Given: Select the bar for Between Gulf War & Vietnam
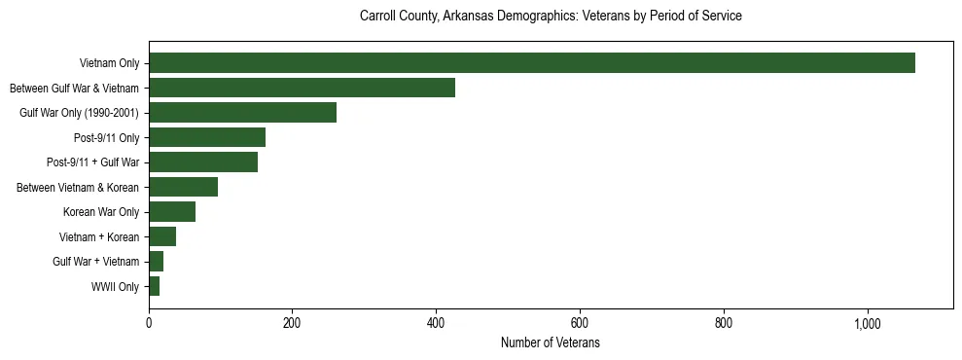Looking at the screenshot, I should tap(302, 88).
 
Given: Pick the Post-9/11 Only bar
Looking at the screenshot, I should tap(207, 137).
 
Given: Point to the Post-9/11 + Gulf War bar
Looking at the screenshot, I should tap(203, 162).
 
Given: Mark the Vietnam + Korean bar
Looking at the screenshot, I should tap(162, 236).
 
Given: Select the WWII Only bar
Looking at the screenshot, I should tap(154, 286).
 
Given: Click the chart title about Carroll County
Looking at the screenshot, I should tap(551, 17).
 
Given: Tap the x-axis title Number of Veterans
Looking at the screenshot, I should tap(551, 343).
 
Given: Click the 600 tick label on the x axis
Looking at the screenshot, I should tap(580, 324).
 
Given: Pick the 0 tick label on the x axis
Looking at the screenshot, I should tap(149, 324).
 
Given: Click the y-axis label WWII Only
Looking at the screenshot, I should tap(115, 286).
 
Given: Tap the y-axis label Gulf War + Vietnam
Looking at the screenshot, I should tap(95, 262).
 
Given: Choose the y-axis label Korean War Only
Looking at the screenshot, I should tap(101, 212).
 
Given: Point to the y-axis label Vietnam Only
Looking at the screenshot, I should tap(109, 63).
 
